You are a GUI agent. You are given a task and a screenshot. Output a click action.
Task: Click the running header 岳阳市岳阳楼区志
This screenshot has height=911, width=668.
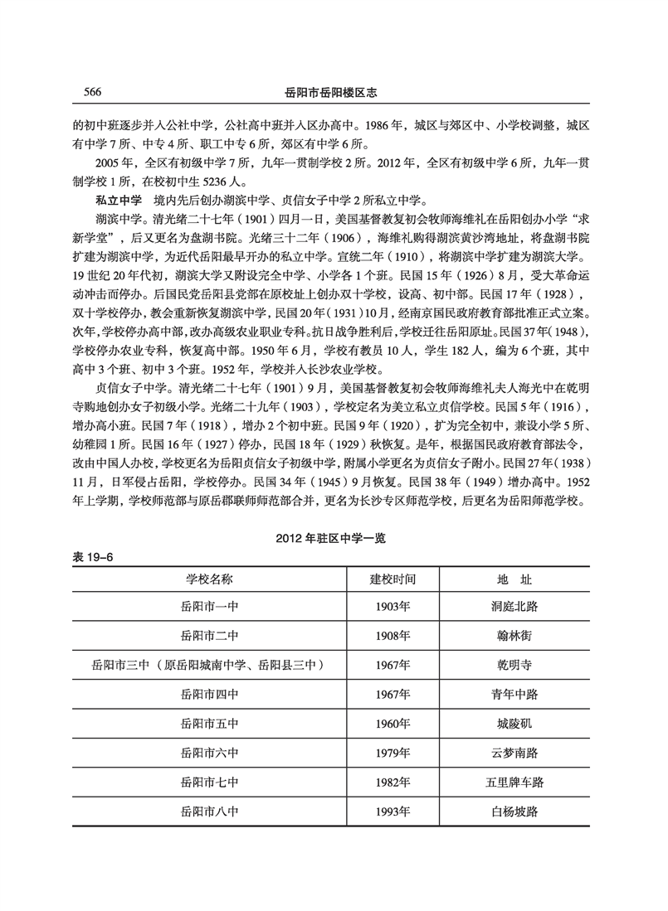click(x=332, y=91)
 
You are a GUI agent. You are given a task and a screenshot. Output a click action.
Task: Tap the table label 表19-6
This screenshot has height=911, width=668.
click(x=91, y=557)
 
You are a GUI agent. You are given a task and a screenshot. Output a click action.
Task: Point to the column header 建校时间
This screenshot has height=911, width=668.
click(x=393, y=577)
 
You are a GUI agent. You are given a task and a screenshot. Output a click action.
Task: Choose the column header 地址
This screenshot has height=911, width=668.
click(x=514, y=577)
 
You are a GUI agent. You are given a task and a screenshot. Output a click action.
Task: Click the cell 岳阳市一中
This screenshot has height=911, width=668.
click(x=209, y=606)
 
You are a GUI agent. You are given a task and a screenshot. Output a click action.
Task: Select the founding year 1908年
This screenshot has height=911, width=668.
click(x=393, y=636)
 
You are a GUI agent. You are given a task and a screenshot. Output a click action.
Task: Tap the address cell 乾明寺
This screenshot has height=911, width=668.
click(x=514, y=665)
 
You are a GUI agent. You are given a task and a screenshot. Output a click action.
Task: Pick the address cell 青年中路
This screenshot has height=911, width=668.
click(x=514, y=695)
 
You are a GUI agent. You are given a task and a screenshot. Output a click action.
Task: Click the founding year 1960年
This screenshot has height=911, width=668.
click(x=393, y=724)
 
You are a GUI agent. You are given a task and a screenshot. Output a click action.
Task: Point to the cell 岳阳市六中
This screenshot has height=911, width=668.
click(x=209, y=753)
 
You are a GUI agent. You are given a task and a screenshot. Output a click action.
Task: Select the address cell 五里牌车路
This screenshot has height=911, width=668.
click(x=514, y=782)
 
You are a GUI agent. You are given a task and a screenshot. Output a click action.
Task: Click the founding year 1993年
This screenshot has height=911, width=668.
click(x=393, y=811)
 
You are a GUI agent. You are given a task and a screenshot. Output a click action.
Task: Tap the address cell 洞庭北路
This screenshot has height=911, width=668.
click(x=514, y=606)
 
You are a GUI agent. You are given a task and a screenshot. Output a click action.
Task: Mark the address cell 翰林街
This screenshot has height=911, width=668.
click(x=514, y=636)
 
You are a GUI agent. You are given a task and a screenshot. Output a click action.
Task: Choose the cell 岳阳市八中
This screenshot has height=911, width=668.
click(x=209, y=811)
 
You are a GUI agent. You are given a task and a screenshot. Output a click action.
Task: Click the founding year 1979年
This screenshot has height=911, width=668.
click(x=393, y=753)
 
